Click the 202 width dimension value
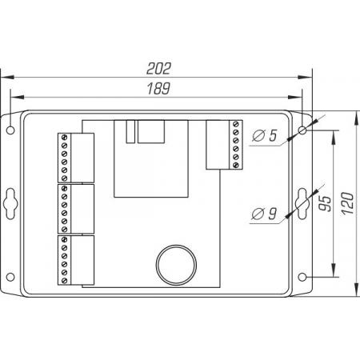161,69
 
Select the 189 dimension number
161,89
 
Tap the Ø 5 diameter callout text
263,136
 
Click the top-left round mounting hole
10,129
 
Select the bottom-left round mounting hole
10,278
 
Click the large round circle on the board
175,261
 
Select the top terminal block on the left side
76,158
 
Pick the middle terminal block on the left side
76,208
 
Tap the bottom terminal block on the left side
76,259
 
